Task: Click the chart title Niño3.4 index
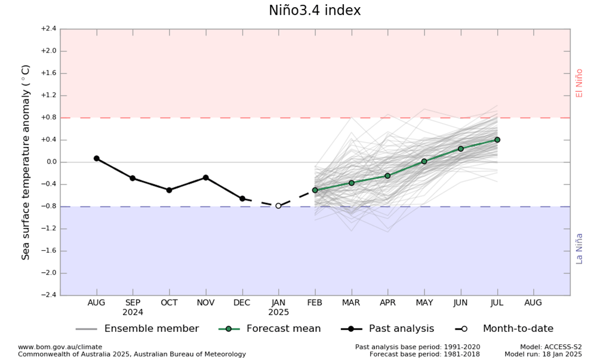click(x=315, y=11)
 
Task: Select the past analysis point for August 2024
click(x=96, y=158)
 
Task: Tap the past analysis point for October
click(x=169, y=190)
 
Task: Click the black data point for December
click(x=242, y=198)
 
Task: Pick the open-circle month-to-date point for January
click(x=278, y=205)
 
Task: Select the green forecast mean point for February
click(x=315, y=190)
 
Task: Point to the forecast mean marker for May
click(x=424, y=161)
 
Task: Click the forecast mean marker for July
click(x=497, y=140)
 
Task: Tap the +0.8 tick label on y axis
click(x=48, y=118)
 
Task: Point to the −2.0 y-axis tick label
click(x=48, y=273)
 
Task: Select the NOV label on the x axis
click(x=205, y=303)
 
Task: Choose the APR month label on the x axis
click(x=387, y=303)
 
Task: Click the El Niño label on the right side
click(x=579, y=83)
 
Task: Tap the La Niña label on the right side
click(x=579, y=248)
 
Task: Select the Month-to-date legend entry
click(x=518, y=329)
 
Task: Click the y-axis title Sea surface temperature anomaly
click(x=26, y=162)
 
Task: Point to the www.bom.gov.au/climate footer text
click(x=60, y=347)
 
